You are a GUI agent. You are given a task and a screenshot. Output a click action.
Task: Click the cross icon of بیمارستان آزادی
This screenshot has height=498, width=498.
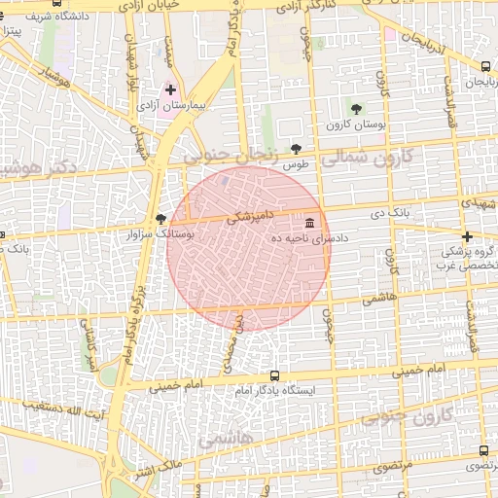[171, 89]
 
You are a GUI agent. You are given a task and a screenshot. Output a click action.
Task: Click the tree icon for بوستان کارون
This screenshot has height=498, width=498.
[357, 109]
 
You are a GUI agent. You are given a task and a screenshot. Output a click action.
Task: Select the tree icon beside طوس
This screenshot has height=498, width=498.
[296, 150]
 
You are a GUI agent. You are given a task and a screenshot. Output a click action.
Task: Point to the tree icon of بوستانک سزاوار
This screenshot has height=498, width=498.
[160, 220]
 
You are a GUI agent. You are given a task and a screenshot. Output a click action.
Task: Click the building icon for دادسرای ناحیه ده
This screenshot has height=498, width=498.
[310, 222]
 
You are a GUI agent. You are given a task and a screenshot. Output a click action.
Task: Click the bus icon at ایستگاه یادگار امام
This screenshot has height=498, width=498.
[273, 375]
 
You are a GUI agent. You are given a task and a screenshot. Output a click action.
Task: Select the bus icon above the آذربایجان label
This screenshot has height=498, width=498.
[485, 66]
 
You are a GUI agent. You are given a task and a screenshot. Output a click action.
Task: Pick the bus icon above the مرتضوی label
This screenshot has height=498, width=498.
[484, 450]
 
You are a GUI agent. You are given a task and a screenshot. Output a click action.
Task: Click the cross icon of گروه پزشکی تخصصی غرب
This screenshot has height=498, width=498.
[467, 237]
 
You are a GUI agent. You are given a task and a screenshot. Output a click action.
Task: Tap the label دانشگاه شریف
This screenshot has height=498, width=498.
[40, 17]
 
